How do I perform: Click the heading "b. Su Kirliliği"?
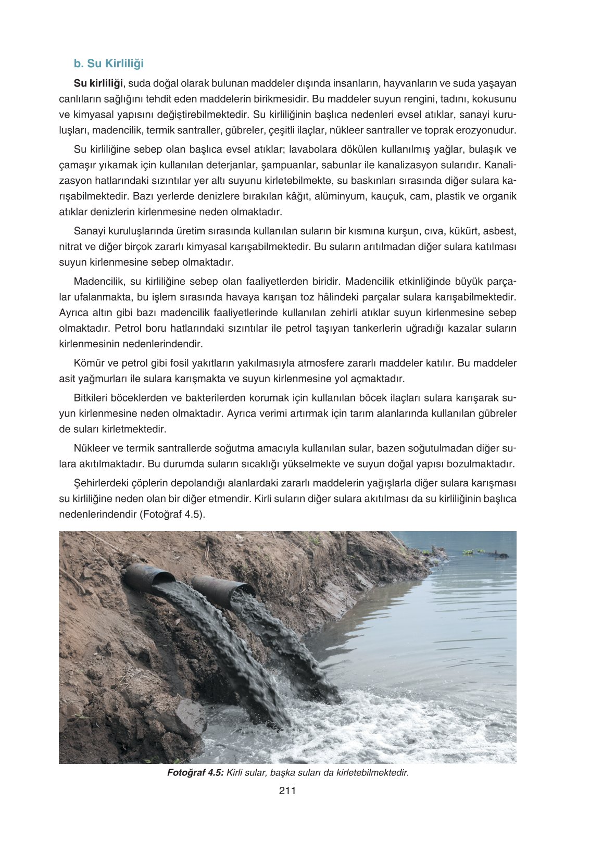tap(108, 64)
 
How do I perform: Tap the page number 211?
tap(287, 790)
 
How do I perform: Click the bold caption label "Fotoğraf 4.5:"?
tap(195, 772)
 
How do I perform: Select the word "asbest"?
tap(499, 231)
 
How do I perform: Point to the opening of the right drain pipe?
tap(242, 591)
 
